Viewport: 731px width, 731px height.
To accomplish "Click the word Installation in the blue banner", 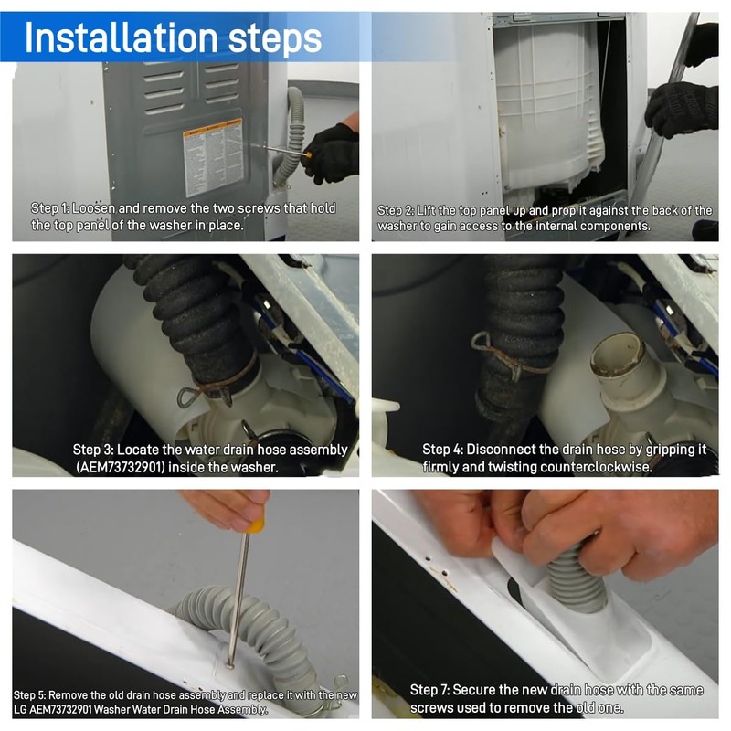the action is [x=122, y=37].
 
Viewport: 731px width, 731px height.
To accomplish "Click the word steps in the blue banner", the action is [x=275, y=40].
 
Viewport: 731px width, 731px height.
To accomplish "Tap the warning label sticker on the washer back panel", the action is [x=214, y=157].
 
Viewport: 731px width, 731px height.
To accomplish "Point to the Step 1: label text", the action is [x=50, y=208].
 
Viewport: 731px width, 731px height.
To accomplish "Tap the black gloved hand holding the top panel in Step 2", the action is [x=682, y=110].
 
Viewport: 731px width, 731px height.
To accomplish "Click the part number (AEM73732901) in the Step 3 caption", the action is [x=121, y=467].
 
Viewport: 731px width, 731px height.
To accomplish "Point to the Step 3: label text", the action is [x=93, y=450].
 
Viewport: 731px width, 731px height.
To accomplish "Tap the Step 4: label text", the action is [x=442, y=450].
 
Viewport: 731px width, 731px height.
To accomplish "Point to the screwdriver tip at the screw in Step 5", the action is [x=229, y=665].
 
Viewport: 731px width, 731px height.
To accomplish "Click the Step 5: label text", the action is [x=29, y=695].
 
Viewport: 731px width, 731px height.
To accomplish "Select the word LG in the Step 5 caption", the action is [x=20, y=710].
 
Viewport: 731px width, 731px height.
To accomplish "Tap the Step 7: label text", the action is [x=429, y=690].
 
